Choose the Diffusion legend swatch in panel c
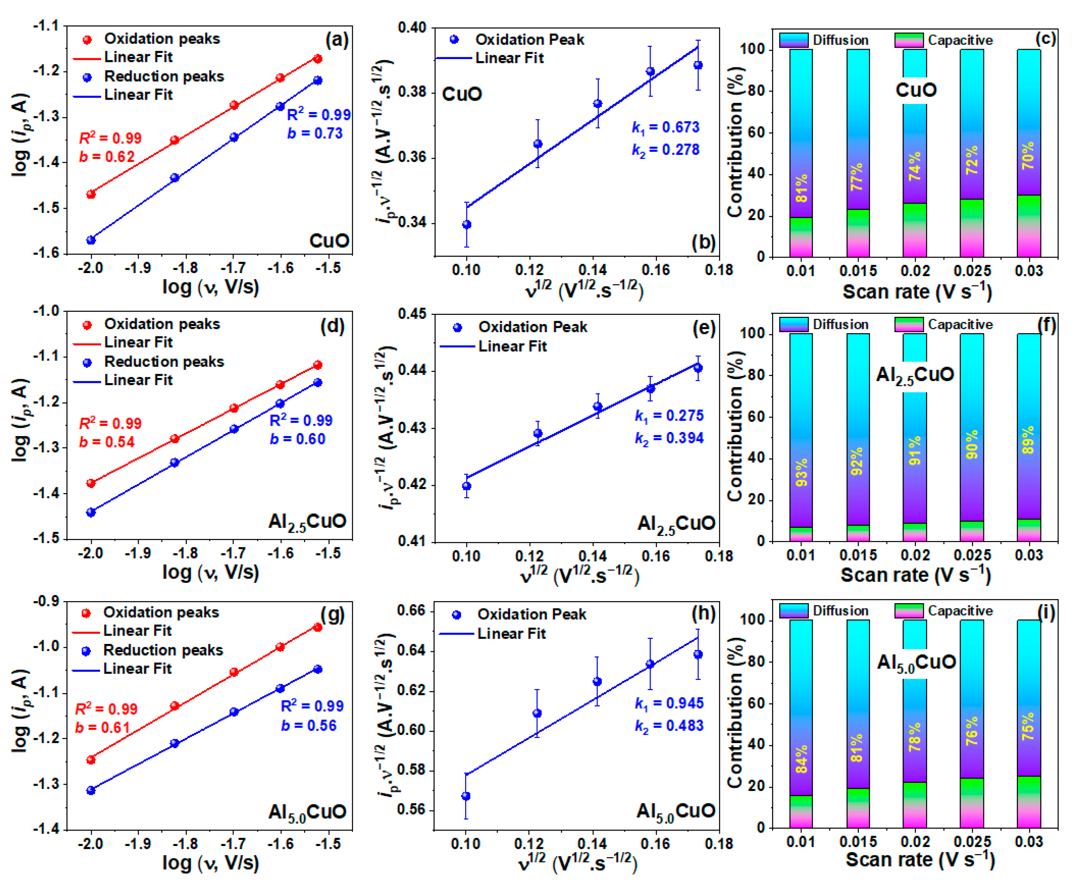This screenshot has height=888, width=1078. point(793,40)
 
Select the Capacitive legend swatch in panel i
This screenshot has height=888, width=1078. point(908,611)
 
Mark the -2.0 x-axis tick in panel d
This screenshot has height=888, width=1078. point(91,554)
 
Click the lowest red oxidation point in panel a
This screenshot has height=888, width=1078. point(91,194)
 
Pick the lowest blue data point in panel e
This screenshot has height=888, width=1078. point(466,486)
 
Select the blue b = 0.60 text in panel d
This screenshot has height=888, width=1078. point(297,439)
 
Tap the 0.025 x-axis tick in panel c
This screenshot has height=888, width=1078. point(972,271)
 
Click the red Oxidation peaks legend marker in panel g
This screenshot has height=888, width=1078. point(86,613)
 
